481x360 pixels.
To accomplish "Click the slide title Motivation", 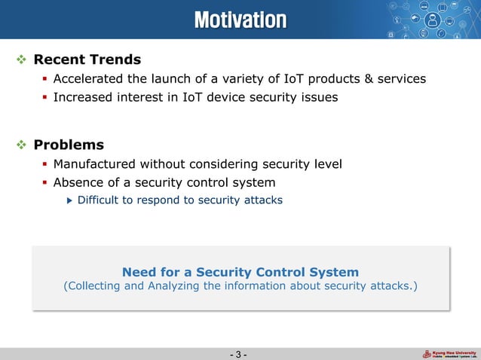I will [x=240, y=19].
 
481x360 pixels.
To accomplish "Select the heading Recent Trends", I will [x=87, y=59].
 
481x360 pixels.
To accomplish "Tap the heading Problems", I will [x=69, y=145].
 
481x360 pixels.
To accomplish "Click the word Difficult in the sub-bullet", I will [x=100, y=200].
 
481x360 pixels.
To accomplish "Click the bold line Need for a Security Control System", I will [x=240, y=272].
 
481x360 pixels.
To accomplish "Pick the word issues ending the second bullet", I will [x=320, y=97].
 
